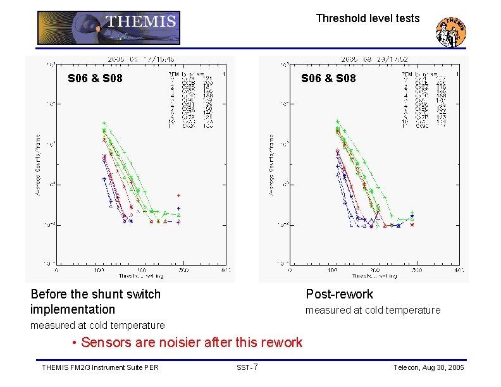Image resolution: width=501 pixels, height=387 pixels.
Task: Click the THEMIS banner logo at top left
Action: pos(109,28)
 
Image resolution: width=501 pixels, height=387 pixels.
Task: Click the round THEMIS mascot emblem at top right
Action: pos(452,31)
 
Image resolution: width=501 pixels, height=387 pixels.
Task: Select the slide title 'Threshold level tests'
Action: pos(368,18)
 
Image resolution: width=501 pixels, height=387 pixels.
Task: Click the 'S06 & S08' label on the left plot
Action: pos(95,78)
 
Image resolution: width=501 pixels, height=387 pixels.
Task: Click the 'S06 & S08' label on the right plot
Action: pos(328,78)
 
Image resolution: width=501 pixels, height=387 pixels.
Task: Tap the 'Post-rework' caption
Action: pos(339,294)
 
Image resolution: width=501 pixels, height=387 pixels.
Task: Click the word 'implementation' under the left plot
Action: pos(73,309)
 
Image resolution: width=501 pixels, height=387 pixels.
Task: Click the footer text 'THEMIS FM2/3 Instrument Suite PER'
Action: pos(99,367)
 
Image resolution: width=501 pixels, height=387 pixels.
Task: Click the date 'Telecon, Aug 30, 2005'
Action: pos(429,367)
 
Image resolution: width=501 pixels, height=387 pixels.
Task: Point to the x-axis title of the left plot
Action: pos(141,276)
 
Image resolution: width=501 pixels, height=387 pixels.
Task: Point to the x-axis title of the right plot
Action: pos(374,276)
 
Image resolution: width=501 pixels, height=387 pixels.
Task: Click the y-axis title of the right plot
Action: pos(271,164)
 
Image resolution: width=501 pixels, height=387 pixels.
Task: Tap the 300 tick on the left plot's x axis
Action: pos(183,269)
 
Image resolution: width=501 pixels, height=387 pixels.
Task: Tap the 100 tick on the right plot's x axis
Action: pos(332,269)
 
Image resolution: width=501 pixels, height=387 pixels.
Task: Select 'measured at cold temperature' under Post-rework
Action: pos(373,310)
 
